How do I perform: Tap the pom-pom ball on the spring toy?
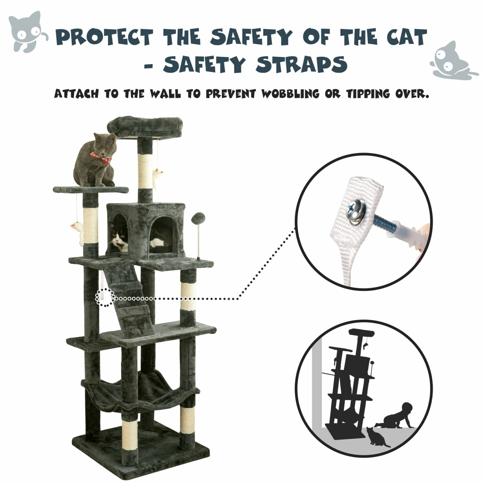(198, 217)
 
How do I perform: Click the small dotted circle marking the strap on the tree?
(105, 297)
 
